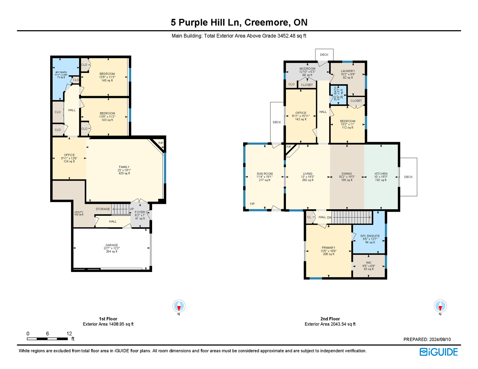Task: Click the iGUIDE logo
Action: point(438,352)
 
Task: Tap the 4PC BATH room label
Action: point(61,72)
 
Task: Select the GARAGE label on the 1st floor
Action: point(112,245)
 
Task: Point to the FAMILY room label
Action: point(124,167)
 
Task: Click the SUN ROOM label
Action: point(265,174)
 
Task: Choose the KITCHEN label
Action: point(381,174)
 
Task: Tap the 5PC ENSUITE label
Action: point(370,236)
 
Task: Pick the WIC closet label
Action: point(369,263)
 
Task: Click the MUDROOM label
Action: point(307,69)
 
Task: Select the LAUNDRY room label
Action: point(348,71)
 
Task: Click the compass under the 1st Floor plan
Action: point(179,306)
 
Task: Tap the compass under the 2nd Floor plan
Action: point(440,306)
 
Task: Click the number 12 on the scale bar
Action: point(69,333)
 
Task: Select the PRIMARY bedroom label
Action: point(328,248)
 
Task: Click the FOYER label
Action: point(140,212)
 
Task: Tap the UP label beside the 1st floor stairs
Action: point(131,209)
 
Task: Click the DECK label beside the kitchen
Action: point(408,177)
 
